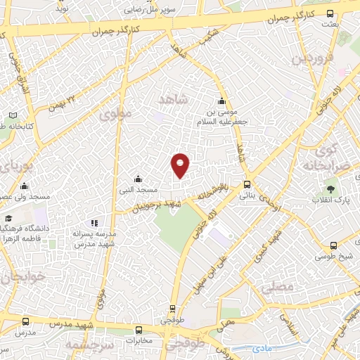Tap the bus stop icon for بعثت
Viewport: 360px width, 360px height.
click(x=330, y=13)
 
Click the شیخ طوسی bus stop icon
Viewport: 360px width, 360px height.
click(x=333, y=245)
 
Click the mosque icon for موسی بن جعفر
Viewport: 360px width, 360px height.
click(x=222, y=100)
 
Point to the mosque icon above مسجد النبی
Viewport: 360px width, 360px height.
click(x=137, y=179)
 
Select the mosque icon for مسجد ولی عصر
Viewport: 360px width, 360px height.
click(x=25, y=186)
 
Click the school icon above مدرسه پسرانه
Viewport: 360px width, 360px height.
click(x=96, y=223)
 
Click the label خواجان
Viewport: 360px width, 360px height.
click(x=22, y=278)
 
